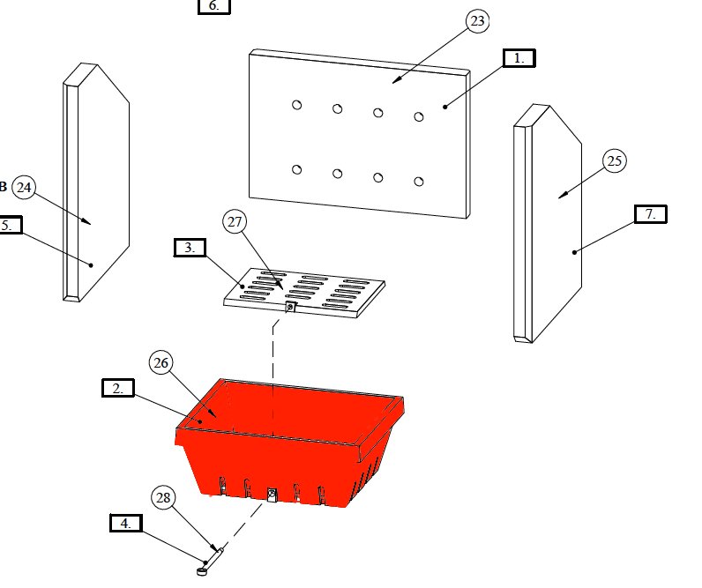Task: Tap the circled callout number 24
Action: [24, 187]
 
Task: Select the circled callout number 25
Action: [615, 161]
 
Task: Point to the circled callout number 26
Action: [161, 362]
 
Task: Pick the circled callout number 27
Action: [235, 222]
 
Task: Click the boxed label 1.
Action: [519, 58]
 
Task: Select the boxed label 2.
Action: [117, 388]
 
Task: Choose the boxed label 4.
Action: [126, 523]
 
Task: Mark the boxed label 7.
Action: [651, 214]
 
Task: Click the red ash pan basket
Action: [291, 458]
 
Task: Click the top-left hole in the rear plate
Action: [297, 105]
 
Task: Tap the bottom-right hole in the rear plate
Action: [419, 181]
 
